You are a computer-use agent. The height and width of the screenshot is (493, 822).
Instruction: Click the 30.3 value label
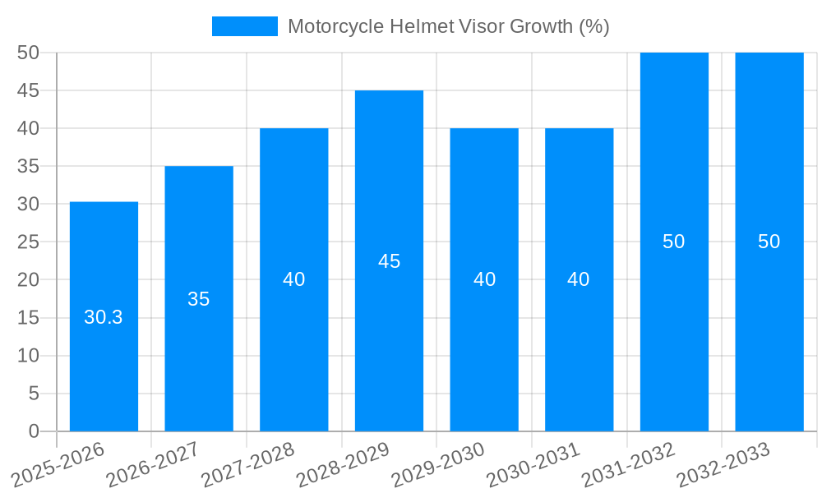tap(104, 317)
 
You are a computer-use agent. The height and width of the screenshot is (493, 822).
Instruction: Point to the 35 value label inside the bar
tap(199, 299)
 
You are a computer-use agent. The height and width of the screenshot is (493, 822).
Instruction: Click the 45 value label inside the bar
tap(389, 261)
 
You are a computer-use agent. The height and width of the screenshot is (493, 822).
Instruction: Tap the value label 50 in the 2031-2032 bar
tap(674, 242)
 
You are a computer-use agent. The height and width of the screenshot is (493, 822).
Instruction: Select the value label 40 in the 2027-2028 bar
tap(294, 279)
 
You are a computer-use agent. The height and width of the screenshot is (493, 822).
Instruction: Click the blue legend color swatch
tap(245, 26)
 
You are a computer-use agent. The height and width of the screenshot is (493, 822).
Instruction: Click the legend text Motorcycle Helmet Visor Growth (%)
tap(448, 26)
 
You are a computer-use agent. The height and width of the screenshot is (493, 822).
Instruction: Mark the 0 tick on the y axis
tap(34, 431)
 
